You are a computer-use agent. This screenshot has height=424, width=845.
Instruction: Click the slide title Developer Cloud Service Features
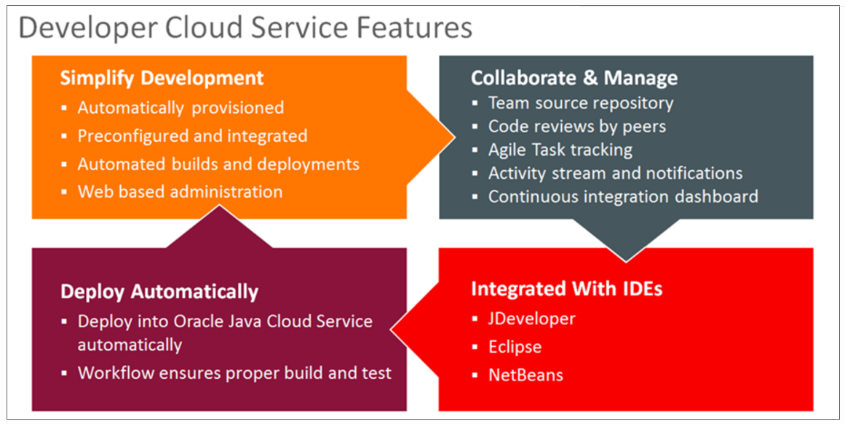tap(245, 28)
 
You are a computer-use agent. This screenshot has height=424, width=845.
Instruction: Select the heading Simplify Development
tap(162, 78)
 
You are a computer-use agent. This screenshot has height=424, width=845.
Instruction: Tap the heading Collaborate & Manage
tap(574, 78)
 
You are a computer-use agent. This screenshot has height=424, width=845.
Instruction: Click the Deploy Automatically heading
tap(159, 292)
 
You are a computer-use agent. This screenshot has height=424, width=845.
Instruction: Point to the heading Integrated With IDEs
tap(566, 289)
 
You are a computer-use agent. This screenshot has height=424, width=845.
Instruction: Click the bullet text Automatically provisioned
tap(180, 108)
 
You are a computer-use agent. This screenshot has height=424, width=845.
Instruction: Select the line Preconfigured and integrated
tap(192, 136)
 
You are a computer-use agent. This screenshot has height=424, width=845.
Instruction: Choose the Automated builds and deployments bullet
tap(218, 164)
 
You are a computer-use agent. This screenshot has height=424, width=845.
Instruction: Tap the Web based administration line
tap(180, 192)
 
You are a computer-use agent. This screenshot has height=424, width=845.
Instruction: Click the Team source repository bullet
tap(581, 103)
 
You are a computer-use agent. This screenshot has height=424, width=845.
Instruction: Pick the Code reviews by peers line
tap(577, 127)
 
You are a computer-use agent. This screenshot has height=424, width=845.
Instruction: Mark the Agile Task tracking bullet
tap(560, 150)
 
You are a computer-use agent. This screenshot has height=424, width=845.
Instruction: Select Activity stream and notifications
tap(615, 173)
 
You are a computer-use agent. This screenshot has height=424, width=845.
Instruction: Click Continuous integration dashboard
tap(623, 196)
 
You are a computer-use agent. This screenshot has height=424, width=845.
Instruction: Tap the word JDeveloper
tap(532, 319)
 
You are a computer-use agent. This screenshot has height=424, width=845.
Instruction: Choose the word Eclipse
tap(515, 346)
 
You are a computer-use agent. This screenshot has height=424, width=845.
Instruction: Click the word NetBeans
tap(526, 375)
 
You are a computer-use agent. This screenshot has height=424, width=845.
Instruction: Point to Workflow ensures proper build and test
tap(234, 373)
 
